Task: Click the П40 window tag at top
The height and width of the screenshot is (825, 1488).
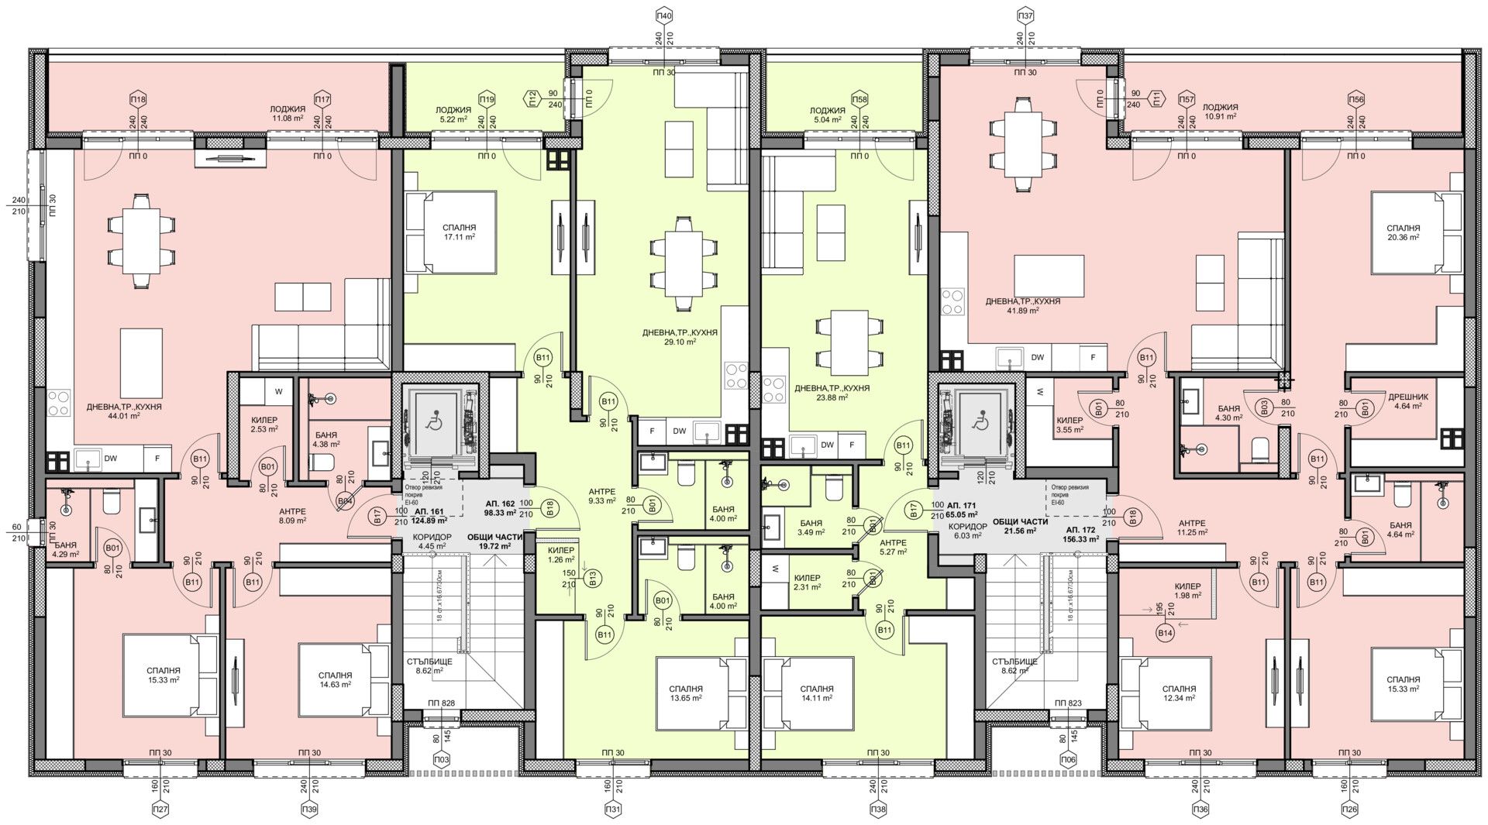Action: point(664,15)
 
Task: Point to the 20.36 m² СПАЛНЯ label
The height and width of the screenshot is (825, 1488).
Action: point(1404,232)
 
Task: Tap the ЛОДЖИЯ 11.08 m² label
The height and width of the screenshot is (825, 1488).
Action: point(287,114)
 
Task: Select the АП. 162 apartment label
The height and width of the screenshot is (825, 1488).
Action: point(501,507)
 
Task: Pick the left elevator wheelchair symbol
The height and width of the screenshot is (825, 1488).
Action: point(434,424)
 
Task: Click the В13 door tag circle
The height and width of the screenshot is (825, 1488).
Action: point(594,576)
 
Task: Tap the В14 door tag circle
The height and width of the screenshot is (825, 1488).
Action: point(1164,634)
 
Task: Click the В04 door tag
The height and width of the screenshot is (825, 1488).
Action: point(345,501)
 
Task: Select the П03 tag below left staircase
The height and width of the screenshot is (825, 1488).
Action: point(442,759)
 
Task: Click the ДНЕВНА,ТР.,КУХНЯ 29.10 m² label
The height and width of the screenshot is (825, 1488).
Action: point(679,336)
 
